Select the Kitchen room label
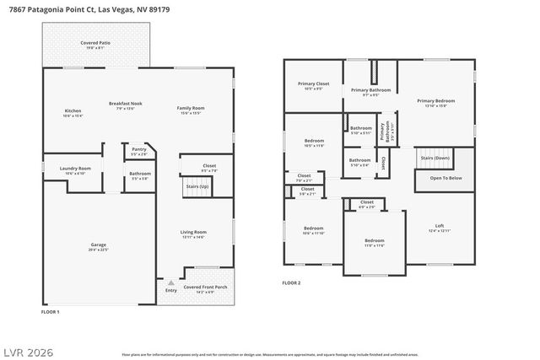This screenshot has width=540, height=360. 73,112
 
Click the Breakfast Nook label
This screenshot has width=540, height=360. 125,104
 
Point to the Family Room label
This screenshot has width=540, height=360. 190,108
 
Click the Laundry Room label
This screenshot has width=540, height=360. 75,169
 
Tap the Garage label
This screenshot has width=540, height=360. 99,245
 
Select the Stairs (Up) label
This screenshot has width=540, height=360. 197,185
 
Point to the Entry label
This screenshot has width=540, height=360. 171,290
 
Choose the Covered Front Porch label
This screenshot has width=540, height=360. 203,287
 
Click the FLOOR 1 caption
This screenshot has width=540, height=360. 50,312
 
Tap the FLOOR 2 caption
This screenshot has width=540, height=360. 291,283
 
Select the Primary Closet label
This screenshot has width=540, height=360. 313,84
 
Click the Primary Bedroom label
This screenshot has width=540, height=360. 435,101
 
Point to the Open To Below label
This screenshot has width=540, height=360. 445,178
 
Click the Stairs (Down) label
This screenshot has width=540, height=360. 435,158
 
